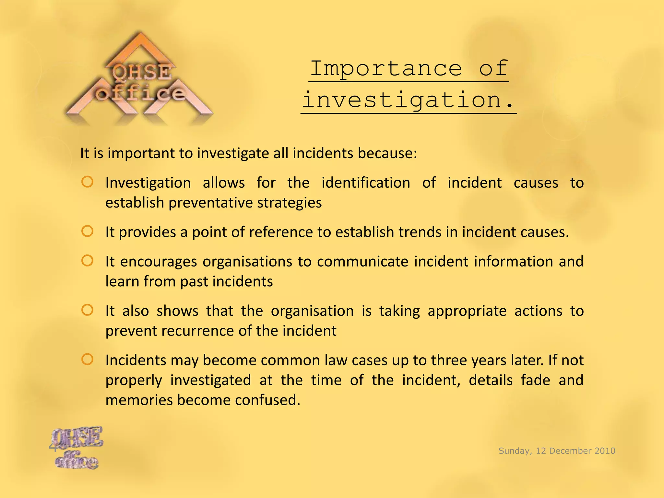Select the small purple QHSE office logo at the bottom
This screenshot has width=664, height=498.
(x=77, y=447)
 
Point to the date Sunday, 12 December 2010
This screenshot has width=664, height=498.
(x=557, y=451)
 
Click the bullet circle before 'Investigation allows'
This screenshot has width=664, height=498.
(x=88, y=182)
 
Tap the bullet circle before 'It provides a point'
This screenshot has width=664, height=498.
(x=88, y=231)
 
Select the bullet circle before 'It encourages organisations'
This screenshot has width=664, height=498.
(x=88, y=261)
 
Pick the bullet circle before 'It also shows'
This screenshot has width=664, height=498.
(x=88, y=310)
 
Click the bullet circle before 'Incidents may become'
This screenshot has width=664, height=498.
(x=88, y=360)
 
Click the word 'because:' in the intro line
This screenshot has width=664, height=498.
(x=387, y=153)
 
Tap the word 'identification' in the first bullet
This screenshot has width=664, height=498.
(x=366, y=183)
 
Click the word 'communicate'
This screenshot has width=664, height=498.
(x=362, y=262)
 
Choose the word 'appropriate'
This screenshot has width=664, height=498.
(x=467, y=311)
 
